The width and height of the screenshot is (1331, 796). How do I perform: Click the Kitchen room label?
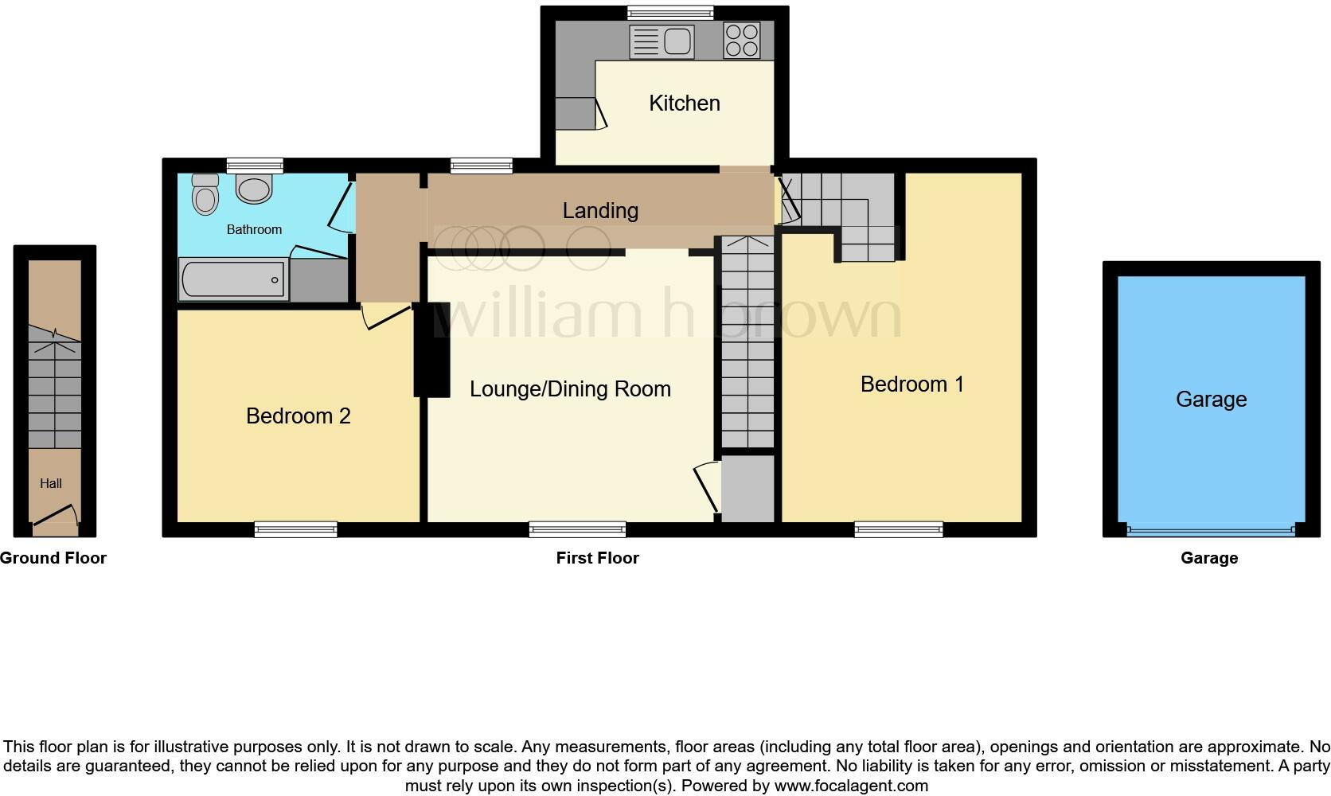(684, 103)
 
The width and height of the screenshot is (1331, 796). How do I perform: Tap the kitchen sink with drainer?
(662, 41)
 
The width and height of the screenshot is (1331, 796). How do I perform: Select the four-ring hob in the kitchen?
(742, 41)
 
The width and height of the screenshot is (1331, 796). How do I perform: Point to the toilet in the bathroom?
(205, 193)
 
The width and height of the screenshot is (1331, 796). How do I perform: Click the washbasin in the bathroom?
(254, 189)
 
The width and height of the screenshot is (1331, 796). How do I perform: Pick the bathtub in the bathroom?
(233, 279)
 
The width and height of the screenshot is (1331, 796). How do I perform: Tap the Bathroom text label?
(254, 230)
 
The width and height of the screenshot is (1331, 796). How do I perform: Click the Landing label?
(600, 211)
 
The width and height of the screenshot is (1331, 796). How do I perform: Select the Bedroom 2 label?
(299, 416)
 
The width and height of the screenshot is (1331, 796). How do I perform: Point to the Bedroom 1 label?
(912, 384)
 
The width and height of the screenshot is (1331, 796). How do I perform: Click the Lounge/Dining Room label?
(571, 389)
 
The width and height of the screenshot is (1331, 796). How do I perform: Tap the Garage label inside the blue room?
(1211, 399)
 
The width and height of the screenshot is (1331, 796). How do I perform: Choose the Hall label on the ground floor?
(50, 483)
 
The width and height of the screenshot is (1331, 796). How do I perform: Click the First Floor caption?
(597, 558)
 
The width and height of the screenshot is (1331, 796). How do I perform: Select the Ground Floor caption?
(53, 558)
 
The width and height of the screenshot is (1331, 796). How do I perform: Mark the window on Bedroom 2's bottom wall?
(296, 529)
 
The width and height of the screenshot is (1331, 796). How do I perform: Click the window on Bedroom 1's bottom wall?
(899, 529)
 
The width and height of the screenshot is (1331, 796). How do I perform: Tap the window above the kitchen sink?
(671, 13)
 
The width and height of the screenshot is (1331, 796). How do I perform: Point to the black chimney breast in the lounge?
(432, 350)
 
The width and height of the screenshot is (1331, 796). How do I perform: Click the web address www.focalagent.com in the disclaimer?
(852, 786)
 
